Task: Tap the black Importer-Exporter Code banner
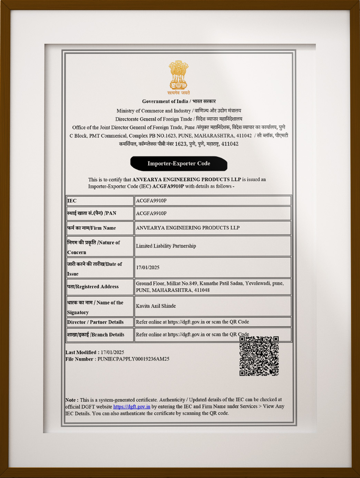coord(179,163)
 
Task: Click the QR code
coord(259,356)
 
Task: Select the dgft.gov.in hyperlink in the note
coord(132,407)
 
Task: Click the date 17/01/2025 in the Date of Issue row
coord(148,267)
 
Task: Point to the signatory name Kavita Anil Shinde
coord(156,306)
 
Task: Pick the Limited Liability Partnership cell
coord(166,246)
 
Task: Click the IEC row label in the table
coord(72,201)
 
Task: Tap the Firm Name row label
coord(91,228)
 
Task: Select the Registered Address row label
coord(93,287)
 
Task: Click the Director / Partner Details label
coord(95,322)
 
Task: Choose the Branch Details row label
coord(96,335)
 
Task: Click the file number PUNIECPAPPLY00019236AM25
coord(133,359)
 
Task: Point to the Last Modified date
coord(112,352)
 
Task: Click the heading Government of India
coord(165,101)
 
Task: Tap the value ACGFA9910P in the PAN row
coord(151,213)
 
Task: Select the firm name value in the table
coord(187,228)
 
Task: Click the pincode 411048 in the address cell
coord(202,290)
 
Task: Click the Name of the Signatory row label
coord(95,307)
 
